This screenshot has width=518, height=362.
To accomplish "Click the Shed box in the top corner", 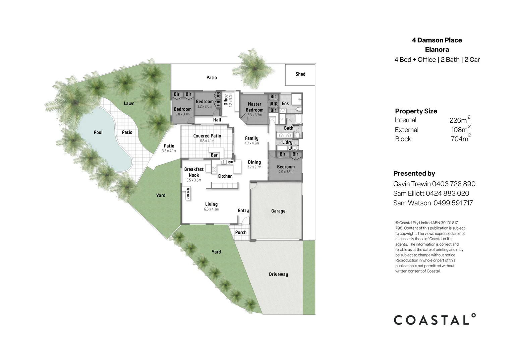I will click(x=300, y=75).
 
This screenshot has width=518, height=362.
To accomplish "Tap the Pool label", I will click(x=98, y=132).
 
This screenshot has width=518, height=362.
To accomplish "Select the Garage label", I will click(x=278, y=211).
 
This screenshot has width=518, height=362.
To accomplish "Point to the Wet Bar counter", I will click(x=188, y=194).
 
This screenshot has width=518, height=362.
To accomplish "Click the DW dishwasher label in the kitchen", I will click(x=230, y=162).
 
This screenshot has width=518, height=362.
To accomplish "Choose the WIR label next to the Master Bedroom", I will click(x=274, y=104).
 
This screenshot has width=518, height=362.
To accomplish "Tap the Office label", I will click(x=226, y=100).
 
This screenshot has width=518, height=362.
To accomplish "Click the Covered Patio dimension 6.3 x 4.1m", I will click(x=207, y=141).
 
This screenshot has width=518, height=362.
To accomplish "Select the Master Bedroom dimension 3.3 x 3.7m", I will click(x=254, y=115).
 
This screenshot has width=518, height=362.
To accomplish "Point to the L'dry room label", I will click(x=287, y=142).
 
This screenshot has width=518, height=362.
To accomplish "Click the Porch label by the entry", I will click(x=241, y=232).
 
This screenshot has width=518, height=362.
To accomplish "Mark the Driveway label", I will click(x=278, y=274).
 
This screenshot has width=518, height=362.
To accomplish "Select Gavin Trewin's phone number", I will click(x=454, y=184).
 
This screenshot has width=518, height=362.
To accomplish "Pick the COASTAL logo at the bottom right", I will click(x=435, y=319).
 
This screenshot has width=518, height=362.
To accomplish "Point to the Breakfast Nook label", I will click(x=194, y=172).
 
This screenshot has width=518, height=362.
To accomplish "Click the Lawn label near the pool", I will click(x=129, y=103).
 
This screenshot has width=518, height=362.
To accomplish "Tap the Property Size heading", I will click(x=416, y=111).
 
